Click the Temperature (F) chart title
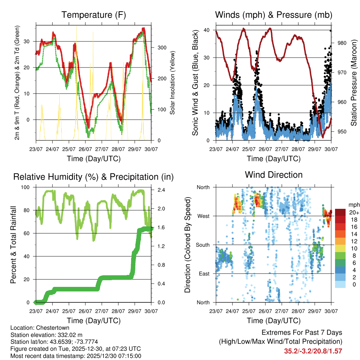click(94, 15)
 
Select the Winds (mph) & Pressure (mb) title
click(274, 15)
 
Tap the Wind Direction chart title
click(274, 175)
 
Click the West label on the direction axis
click(203, 216)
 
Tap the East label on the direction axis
click(203, 274)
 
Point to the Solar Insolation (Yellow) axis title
click(173, 83)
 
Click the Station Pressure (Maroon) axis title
click(354, 83)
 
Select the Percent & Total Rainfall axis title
click(14, 245)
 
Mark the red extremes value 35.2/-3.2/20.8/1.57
click(313, 351)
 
